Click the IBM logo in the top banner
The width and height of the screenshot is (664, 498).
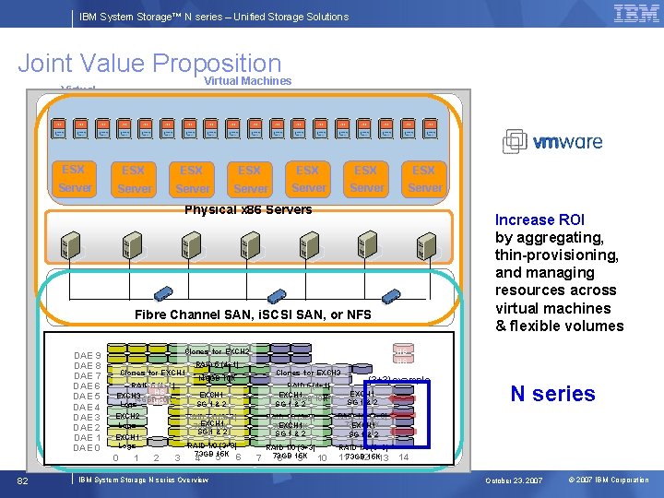pos(635,14)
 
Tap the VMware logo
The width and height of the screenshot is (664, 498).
pos(552,141)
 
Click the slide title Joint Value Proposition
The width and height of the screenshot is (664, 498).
pos(149,64)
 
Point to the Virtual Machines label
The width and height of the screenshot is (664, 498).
pos(247,81)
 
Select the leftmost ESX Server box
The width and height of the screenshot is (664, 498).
pos(74,179)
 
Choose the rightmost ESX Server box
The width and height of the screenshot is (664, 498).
pos(424,179)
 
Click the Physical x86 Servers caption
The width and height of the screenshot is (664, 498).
pos(248,209)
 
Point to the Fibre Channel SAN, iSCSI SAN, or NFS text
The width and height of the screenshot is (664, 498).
pos(253,315)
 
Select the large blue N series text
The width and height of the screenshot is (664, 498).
pos(552,394)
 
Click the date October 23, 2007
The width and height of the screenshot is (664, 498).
pos(515,480)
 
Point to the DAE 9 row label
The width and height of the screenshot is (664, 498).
pos(87,356)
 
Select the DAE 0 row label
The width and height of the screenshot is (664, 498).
pos(87,448)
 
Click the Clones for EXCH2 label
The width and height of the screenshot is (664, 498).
pos(218,351)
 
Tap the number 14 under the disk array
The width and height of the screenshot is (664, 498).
pos(404,457)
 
